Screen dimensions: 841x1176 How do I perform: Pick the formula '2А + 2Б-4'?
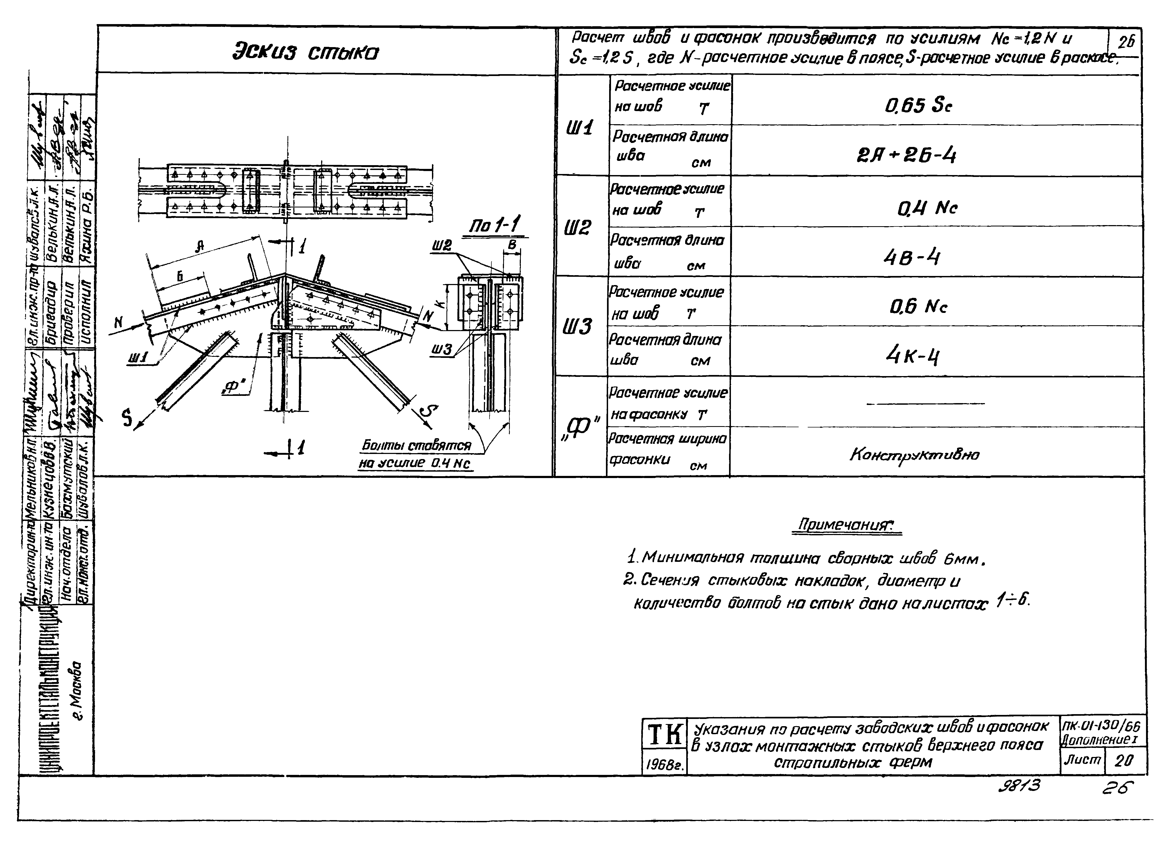click(x=906, y=155)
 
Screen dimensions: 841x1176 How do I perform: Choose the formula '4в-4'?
click(x=911, y=256)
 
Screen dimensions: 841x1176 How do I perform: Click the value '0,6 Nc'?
click(x=918, y=306)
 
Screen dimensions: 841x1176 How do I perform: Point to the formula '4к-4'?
click(x=912, y=355)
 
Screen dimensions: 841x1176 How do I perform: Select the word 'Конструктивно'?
click(x=914, y=455)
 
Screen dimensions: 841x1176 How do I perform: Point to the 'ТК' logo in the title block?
click(x=664, y=734)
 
